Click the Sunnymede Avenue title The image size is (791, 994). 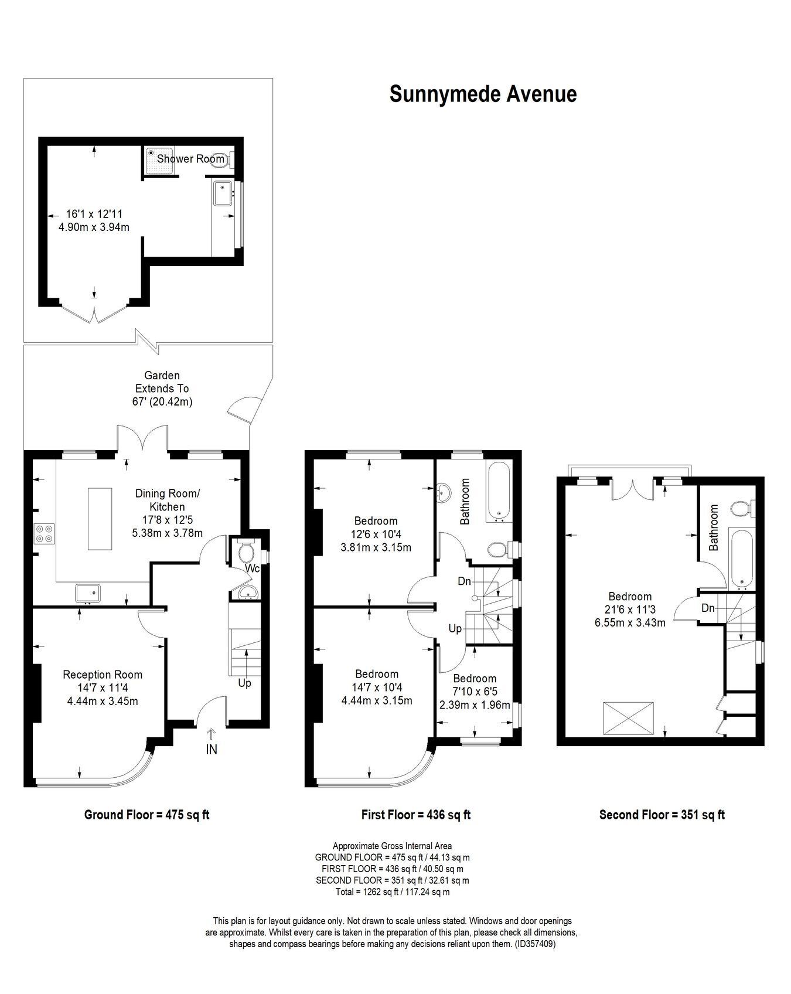(x=483, y=94)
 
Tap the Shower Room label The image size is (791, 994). (x=190, y=159)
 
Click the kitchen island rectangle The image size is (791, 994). (x=100, y=519)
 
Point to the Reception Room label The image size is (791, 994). (x=103, y=675)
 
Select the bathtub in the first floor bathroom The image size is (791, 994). (x=499, y=491)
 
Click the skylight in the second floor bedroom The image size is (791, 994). (x=629, y=717)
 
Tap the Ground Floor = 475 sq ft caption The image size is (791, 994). (x=146, y=815)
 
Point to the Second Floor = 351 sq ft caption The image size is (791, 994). (x=662, y=815)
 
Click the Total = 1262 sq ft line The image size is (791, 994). (x=393, y=892)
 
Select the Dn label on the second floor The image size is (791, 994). (x=708, y=608)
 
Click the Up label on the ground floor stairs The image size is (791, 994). (x=244, y=683)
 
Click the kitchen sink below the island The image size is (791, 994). (x=88, y=593)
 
